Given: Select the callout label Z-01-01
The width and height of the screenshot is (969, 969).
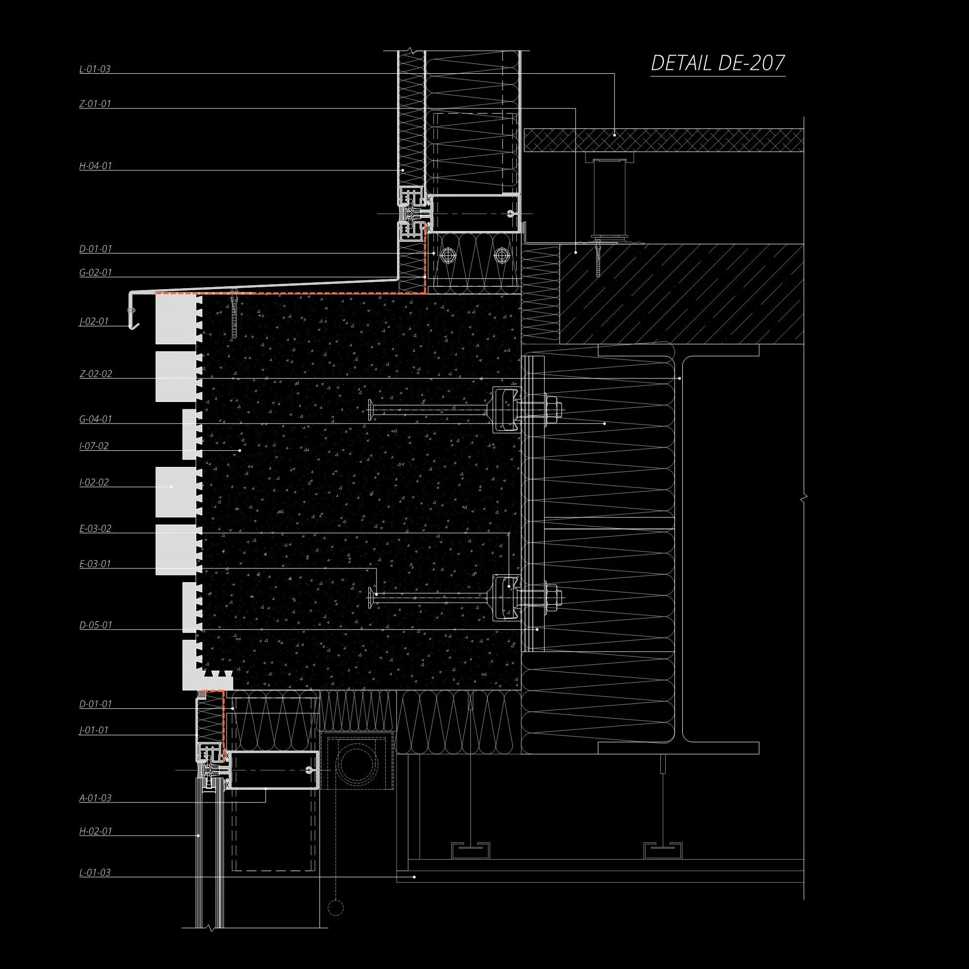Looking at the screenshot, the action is click(95, 104).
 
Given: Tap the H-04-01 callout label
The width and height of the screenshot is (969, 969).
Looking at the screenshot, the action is click(95, 166).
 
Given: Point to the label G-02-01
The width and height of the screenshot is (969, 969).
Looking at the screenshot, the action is click(95, 273).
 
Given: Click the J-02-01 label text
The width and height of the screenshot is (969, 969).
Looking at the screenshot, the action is click(94, 321).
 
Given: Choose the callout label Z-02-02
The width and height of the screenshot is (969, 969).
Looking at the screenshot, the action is click(95, 374).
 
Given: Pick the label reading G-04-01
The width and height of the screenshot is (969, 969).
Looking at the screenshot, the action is click(95, 419).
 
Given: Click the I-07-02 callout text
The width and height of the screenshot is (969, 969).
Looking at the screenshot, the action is click(94, 445).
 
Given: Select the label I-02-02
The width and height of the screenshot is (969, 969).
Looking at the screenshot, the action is click(94, 482).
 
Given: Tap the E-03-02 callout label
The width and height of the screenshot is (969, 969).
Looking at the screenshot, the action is click(95, 528).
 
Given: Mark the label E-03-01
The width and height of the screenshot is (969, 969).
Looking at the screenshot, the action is click(95, 564).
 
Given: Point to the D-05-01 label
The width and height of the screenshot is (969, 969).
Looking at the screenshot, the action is click(95, 625).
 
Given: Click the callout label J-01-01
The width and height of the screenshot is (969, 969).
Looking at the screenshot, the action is click(94, 730).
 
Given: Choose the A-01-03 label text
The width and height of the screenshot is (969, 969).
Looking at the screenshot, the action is click(95, 798).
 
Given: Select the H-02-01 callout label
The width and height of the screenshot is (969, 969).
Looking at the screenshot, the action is click(95, 831).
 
